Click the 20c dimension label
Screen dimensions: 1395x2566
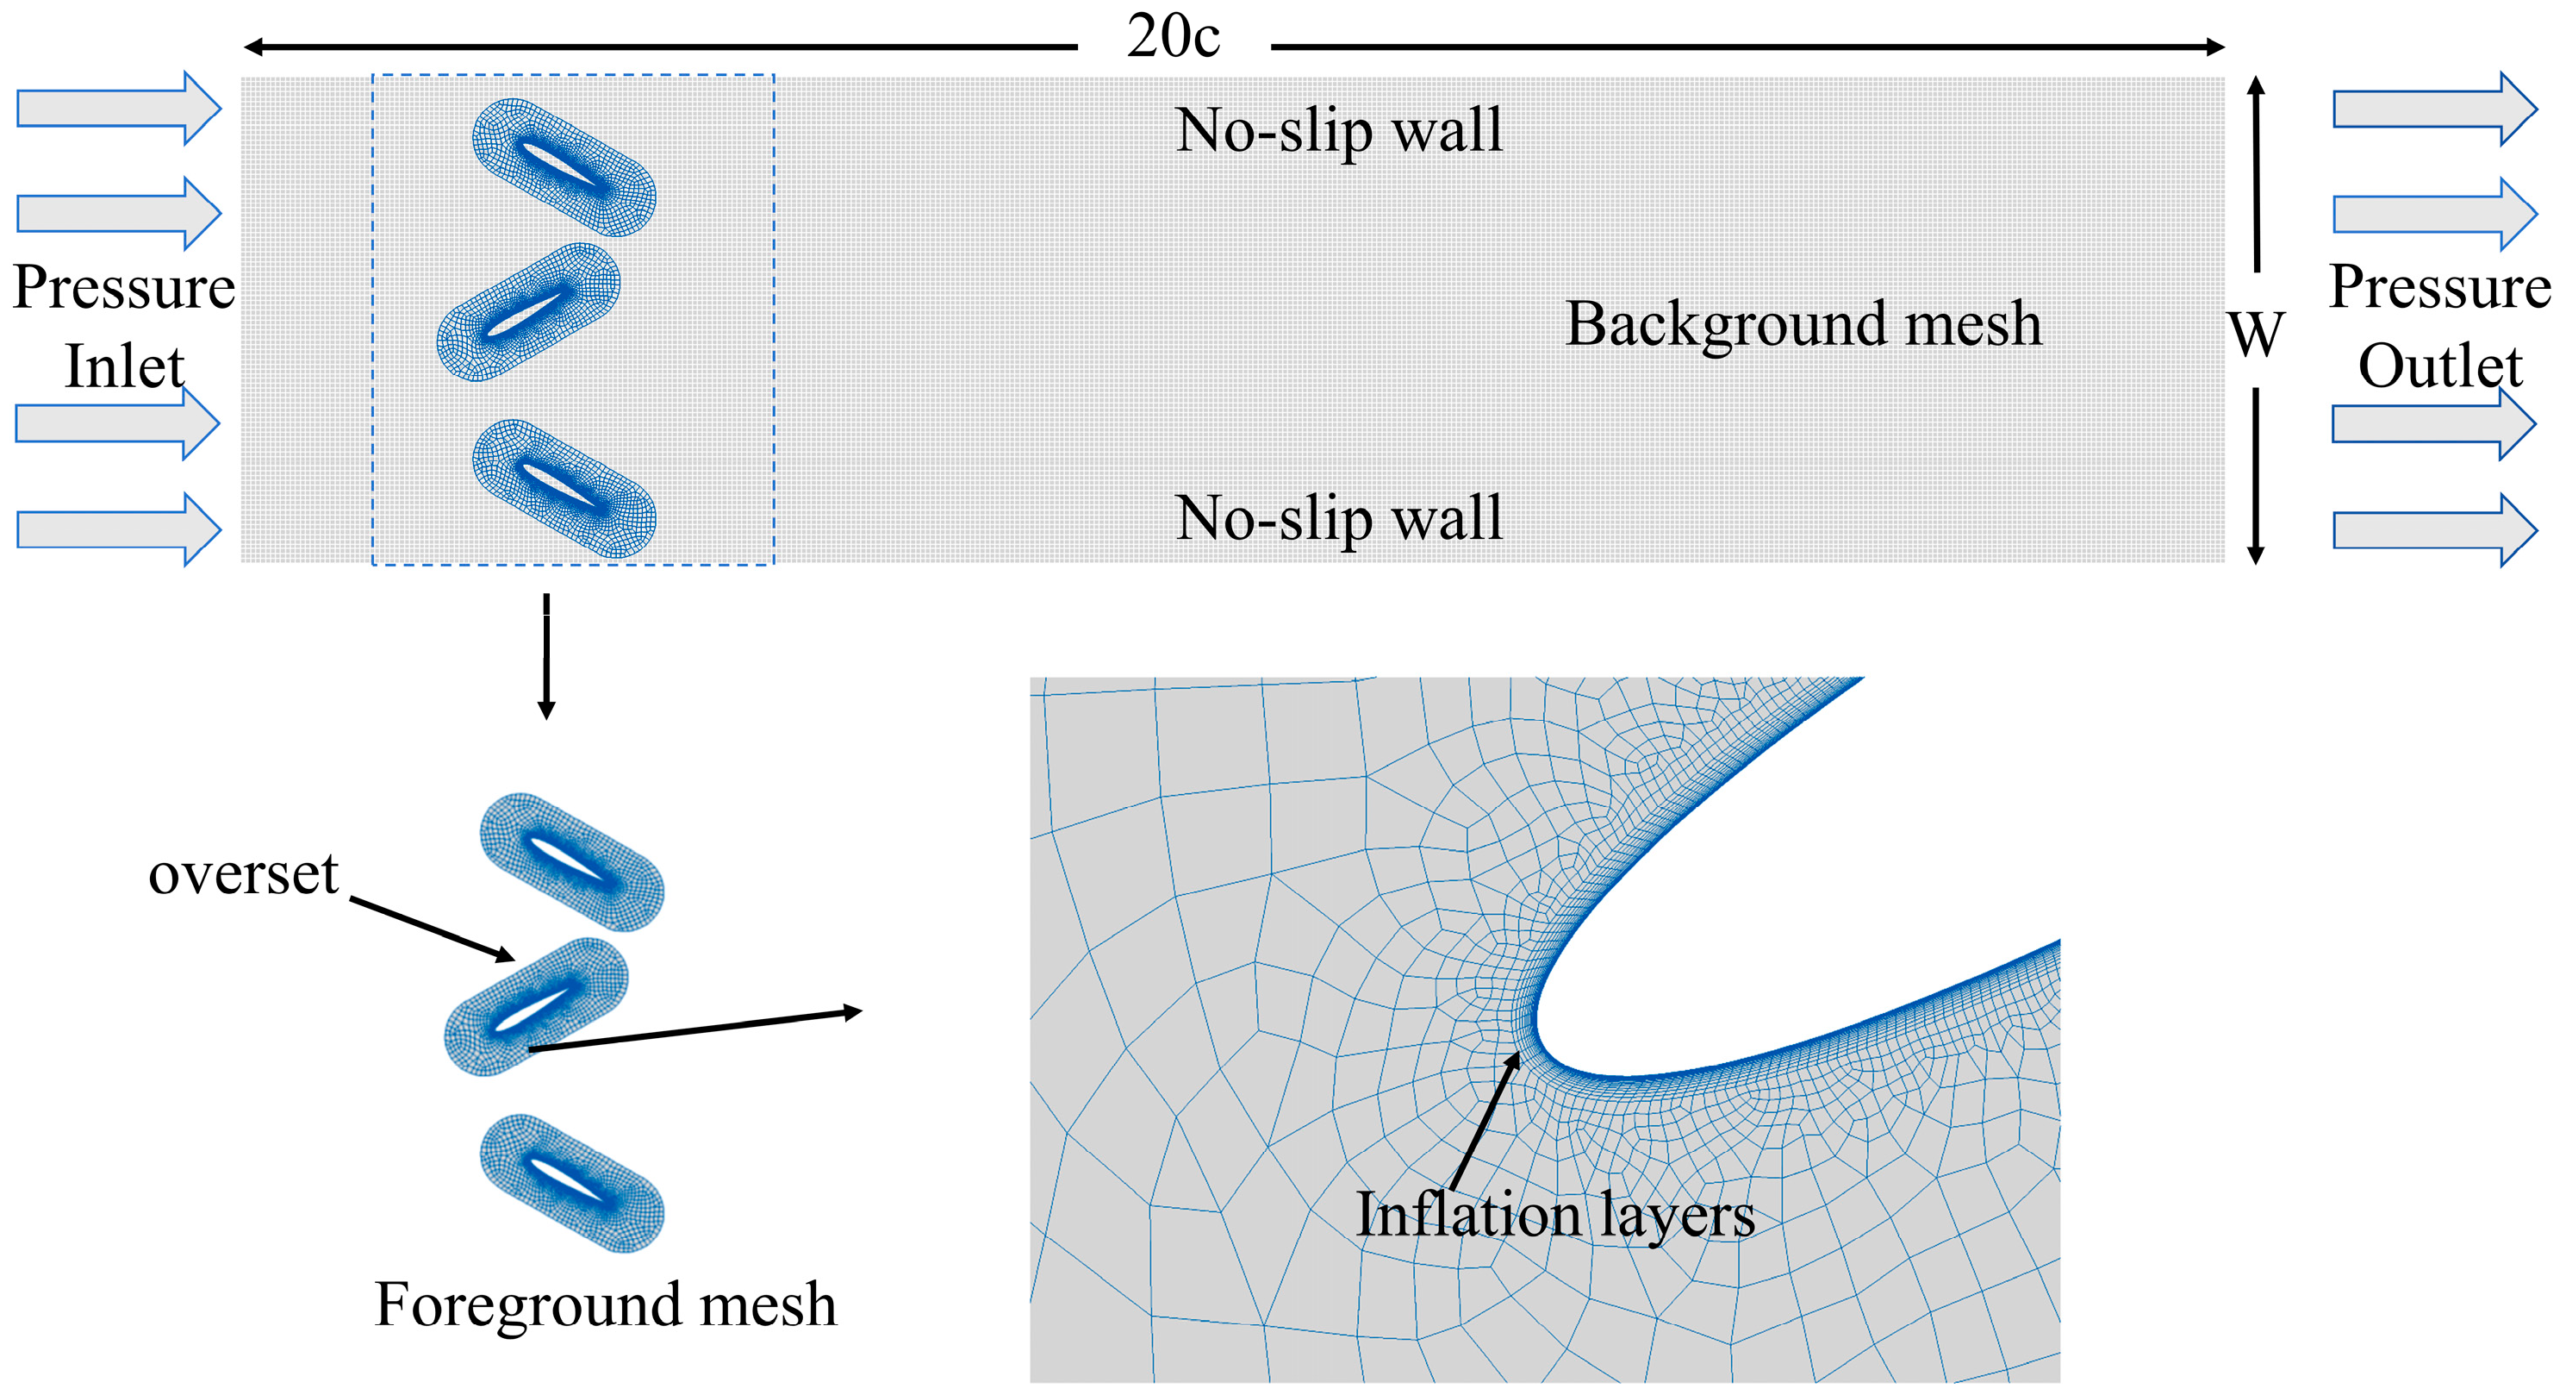click(1173, 38)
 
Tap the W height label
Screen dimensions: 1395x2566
click(2256, 335)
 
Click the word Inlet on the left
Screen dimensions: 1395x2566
click(125, 366)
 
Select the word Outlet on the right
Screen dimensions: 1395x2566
click(2439, 366)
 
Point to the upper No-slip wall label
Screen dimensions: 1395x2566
click(1339, 130)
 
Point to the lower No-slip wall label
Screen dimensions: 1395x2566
click(1339, 519)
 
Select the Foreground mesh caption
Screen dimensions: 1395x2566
click(606, 1304)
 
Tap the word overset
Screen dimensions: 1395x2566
click(244, 875)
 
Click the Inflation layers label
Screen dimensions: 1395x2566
click(1555, 1216)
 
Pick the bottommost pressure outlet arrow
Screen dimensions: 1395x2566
click(2434, 530)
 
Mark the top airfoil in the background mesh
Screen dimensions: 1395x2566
click(564, 167)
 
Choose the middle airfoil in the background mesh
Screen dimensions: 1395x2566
click(529, 312)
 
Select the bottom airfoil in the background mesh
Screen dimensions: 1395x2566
click(564, 488)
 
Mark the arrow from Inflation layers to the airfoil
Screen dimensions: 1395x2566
click(1485, 1120)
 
